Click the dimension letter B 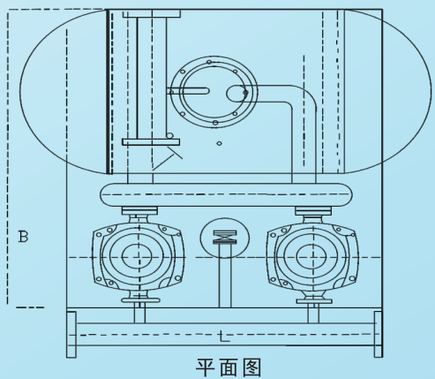click(23, 237)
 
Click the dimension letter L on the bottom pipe click(224, 337)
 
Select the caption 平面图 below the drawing click(229, 368)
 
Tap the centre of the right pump click(312, 257)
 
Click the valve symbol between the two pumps click(225, 238)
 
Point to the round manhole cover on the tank click(214, 92)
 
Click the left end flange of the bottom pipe click(71, 334)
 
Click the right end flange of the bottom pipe click(379, 334)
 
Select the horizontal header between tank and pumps click(227, 194)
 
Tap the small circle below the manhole click(219, 143)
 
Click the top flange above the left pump click(139, 210)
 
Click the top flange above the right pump click(313, 210)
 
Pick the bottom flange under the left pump click(140, 300)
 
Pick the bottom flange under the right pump click(314, 301)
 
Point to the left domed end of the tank click(20, 91)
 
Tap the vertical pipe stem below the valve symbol click(225, 276)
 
